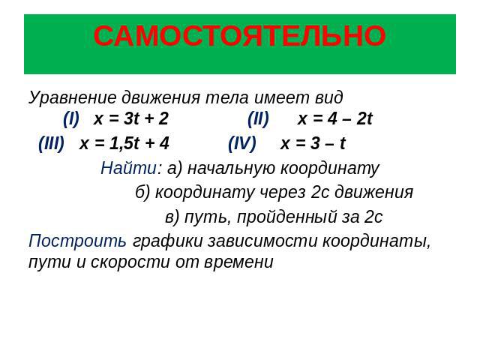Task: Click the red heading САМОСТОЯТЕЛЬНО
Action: coord(240,36)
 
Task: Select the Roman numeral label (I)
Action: coord(71,118)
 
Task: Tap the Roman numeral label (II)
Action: coord(258,118)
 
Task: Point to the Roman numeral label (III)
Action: coord(52,143)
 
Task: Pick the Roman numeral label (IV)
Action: coord(241,143)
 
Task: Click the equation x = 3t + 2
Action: coord(131,118)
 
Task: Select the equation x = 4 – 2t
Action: coord(335,118)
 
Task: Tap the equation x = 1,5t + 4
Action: coord(124,143)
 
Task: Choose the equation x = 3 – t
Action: coord(313,143)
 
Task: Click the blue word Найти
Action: coord(128,168)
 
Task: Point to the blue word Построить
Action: coord(77,241)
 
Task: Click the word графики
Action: coord(168,241)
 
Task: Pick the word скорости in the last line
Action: coord(130,262)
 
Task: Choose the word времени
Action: coord(238,263)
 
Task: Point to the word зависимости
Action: coord(262,241)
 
